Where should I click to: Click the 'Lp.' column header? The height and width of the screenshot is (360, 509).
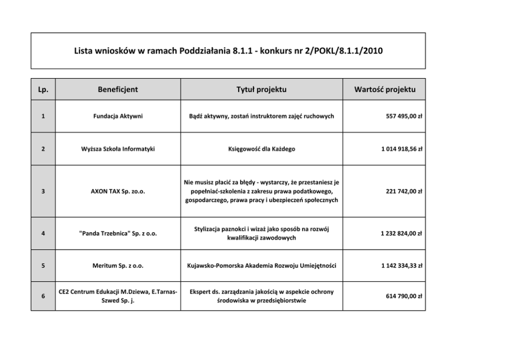(43, 89)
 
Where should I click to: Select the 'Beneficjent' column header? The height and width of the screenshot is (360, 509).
(118, 89)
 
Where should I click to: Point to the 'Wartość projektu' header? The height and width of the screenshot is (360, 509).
(385, 89)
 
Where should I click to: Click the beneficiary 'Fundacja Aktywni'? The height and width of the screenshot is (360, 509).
(118, 116)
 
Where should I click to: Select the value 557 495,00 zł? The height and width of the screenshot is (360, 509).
(404, 116)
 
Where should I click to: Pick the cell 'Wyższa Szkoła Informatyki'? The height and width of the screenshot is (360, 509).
(118, 149)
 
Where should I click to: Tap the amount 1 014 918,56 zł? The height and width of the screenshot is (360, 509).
(401, 149)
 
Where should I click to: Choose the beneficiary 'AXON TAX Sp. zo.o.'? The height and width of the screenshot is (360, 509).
(118, 191)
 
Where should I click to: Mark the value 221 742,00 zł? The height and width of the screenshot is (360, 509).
(404, 191)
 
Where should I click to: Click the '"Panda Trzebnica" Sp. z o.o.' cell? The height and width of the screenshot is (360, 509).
(118, 233)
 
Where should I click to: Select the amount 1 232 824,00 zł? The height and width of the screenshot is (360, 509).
(401, 233)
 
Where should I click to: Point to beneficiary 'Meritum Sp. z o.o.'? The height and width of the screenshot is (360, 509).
(118, 266)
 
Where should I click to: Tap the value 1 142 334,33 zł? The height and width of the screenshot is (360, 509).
(401, 266)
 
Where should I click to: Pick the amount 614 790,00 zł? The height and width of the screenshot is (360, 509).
(404, 296)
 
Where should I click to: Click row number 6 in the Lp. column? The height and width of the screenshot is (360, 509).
(43, 296)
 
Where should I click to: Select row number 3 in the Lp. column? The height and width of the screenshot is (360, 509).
(43, 191)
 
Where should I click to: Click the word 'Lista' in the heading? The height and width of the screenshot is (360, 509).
(85, 51)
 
